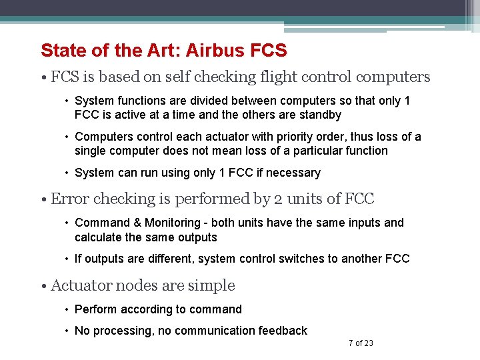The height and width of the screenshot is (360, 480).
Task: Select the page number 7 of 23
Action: tap(361, 343)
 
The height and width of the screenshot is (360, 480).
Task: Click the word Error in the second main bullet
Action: tap(68, 199)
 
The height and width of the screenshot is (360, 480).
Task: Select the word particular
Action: tap(317, 151)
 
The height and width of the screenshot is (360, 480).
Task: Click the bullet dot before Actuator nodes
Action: tap(43, 286)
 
